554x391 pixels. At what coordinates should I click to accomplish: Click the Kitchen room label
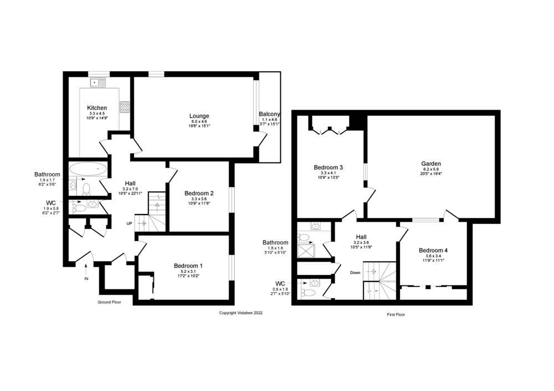pyautogui.click(x=97, y=107)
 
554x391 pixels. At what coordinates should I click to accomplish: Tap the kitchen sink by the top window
pyautogui.click(x=98, y=82)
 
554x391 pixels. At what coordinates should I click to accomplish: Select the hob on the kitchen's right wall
pyautogui.click(x=125, y=106)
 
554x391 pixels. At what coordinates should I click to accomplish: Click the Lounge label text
pyautogui.click(x=199, y=116)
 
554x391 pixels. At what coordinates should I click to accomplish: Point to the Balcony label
pyautogui.click(x=270, y=114)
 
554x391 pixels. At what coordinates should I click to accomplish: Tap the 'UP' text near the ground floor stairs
pyautogui.click(x=129, y=223)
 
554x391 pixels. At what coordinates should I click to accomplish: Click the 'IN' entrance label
pyautogui.click(x=86, y=279)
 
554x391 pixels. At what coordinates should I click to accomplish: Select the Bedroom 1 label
pyautogui.click(x=189, y=265)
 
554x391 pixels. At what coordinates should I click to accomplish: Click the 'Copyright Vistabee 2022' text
pyautogui.click(x=241, y=312)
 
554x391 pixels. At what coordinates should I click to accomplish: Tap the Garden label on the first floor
pyautogui.click(x=430, y=164)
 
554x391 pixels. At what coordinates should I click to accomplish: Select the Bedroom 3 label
pyautogui.click(x=329, y=167)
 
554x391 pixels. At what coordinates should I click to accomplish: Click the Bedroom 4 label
pyautogui.click(x=433, y=250)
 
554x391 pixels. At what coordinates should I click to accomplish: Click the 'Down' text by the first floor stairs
pyautogui.click(x=355, y=272)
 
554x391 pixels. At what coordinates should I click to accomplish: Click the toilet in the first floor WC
pyautogui.click(x=312, y=293)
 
